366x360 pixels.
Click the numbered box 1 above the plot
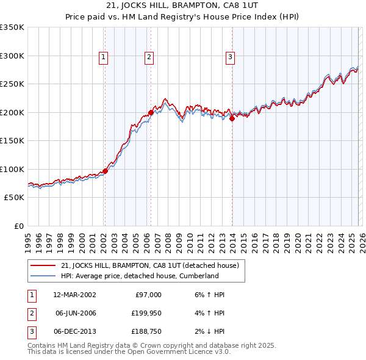104,58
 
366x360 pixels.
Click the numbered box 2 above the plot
149,58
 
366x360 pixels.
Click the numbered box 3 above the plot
231,58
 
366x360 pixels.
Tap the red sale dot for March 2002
105,171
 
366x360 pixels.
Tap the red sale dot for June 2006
151,113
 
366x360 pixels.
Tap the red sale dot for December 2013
232,120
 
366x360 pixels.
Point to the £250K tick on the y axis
12,84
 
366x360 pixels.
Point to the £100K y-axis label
12,170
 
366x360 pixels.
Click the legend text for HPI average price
140,276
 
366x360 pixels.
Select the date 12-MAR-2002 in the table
74,295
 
